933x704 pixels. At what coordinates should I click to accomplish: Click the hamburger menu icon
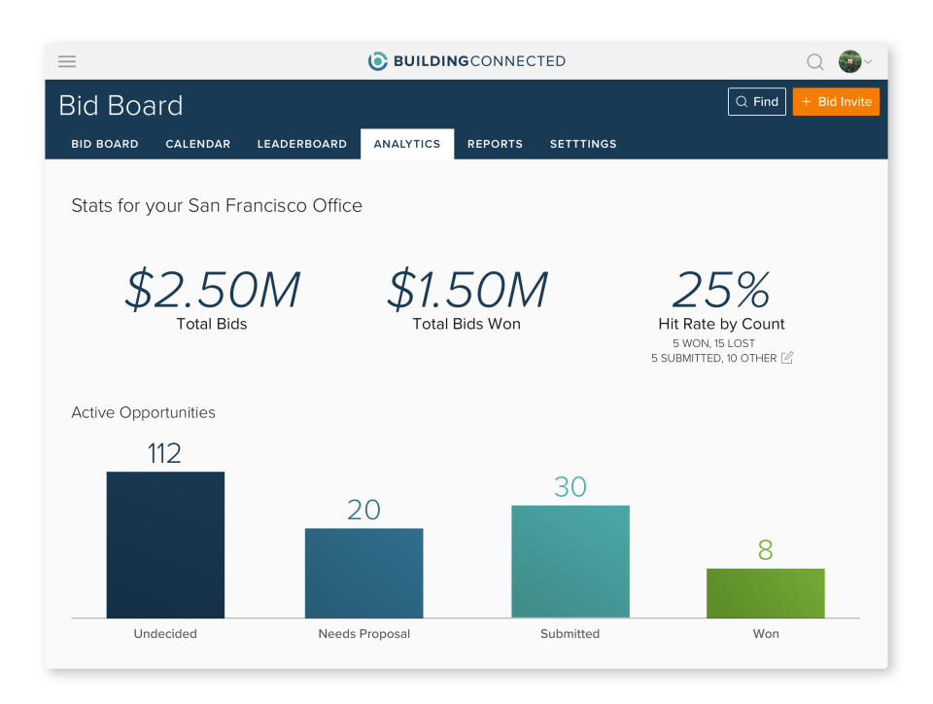pos(67,61)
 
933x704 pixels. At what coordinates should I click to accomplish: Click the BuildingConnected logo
pos(466,61)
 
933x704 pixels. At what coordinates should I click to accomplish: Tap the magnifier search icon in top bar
pos(815,62)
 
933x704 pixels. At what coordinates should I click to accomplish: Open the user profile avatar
pos(850,61)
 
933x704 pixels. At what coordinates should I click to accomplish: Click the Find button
pos(757,102)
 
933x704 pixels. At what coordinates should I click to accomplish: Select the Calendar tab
pos(198,144)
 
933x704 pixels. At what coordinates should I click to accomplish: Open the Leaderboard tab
pos(301,144)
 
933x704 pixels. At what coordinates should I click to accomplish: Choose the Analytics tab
pos(407,144)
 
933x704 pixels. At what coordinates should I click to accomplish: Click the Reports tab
pos(495,144)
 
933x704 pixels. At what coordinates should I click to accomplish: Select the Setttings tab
pos(583,144)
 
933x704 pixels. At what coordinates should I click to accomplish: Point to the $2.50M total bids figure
pos(212,290)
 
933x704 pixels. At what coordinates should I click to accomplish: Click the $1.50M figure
pos(466,290)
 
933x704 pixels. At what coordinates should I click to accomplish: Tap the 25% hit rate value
pos(721,290)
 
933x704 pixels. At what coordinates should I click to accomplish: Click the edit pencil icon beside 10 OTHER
pos(787,358)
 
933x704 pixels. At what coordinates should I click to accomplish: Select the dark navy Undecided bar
pos(165,545)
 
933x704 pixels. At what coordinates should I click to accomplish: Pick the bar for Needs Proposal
pos(364,573)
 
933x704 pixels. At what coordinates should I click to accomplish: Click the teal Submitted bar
pos(570,561)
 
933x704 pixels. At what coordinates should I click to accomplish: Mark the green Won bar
pos(766,593)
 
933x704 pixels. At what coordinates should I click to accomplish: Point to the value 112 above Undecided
pos(164,453)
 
